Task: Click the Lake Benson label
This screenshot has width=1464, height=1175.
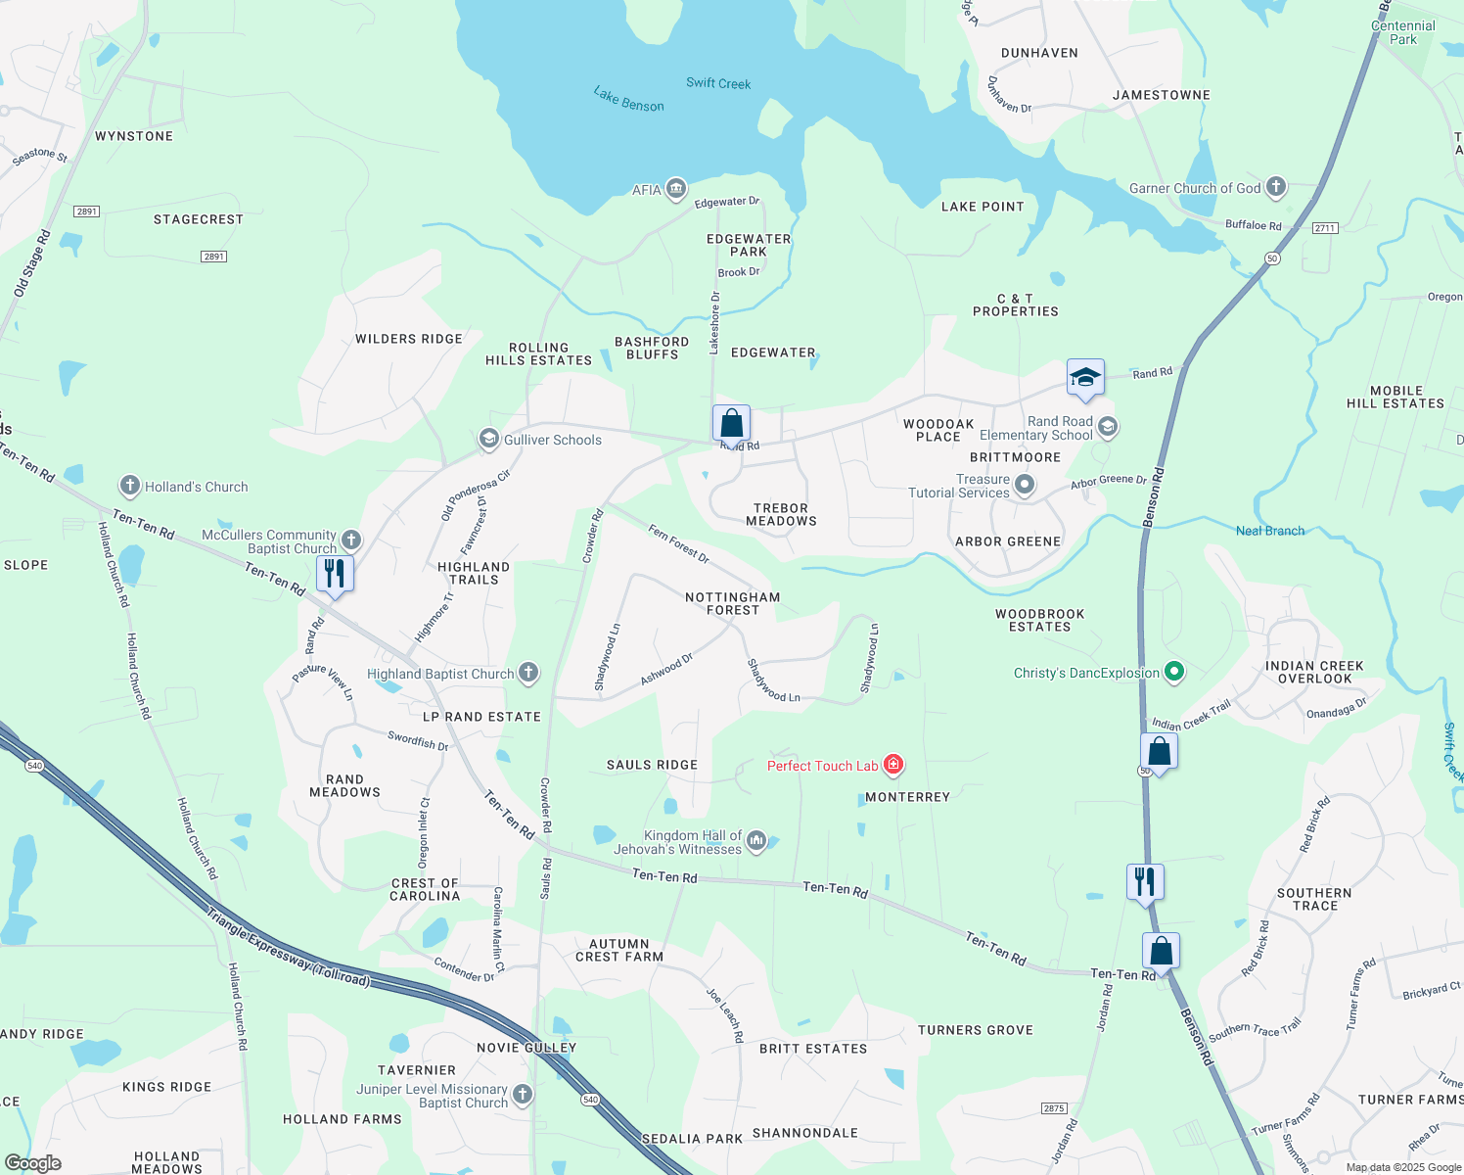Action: pyautogui.click(x=628, y=98)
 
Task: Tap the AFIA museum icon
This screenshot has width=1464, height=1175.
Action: pyautogui.click(x=675, y=189)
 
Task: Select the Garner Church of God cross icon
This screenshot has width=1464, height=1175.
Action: pyautogui.click(x=1275, y=187)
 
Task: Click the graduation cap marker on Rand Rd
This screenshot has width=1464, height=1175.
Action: pyautogui.click(x=1085, y=378)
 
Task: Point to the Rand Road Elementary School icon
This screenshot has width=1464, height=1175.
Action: pyautogui.click(x=1108, y=427)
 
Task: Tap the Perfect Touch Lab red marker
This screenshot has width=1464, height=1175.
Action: pyautogui.click(x=892, y=765)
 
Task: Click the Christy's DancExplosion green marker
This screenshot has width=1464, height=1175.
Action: pyautogui.click(x=1175, y=672)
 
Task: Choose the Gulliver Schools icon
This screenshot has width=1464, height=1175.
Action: pyautogui.click(x=488, y=440)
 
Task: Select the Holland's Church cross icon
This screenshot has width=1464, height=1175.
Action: pyautogui.click(x=129, y=486)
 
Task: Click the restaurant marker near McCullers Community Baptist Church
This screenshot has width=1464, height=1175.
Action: pyautogui.click(x=335, y=574)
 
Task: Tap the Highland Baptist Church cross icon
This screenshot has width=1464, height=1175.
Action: pyautogui.click(x=528, y=673)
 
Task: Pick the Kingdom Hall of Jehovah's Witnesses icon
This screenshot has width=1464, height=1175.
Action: pyautogui.click(x=756, y=840)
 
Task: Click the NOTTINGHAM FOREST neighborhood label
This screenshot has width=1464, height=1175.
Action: pyautogui.click(x=732, y=603)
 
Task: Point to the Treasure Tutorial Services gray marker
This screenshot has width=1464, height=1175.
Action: pyautogui.click(x=1025, y=485)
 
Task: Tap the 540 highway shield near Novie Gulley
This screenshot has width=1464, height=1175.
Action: pyautogui.click(x=590, y=1100)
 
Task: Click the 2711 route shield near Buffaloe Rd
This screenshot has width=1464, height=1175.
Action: pyautogui.click(x=1325, y=228)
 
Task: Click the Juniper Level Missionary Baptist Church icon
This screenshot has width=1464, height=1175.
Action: pyautogui.click(x=523, y=1095)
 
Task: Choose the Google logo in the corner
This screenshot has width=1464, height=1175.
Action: pyautogui.click(x=32, y=1163)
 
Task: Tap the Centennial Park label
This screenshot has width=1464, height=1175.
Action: pyautogui.click(x=1403, y=32)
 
